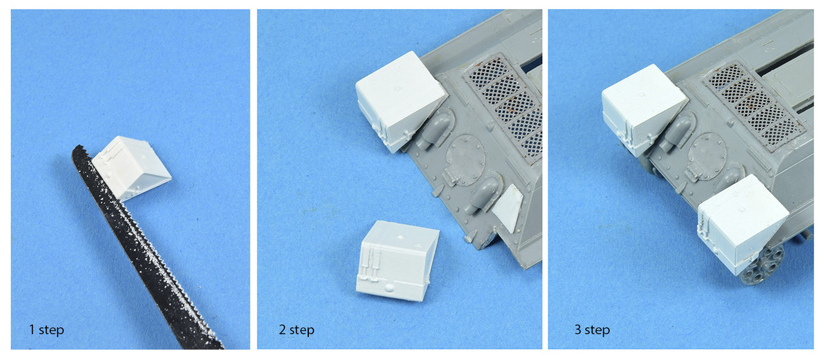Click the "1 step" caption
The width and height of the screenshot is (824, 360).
[46, 330]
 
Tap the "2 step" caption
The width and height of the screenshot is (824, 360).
[297, 330]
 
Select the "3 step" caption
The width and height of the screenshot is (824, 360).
[592, 330]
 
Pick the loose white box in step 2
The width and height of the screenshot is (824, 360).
[397, 261]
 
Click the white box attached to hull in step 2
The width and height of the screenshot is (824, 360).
[400, 101]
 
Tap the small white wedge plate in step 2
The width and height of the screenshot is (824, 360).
[509, 208]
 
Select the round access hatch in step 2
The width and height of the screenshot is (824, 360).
[465, 160]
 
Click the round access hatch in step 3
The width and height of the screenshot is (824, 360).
[707, 156]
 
